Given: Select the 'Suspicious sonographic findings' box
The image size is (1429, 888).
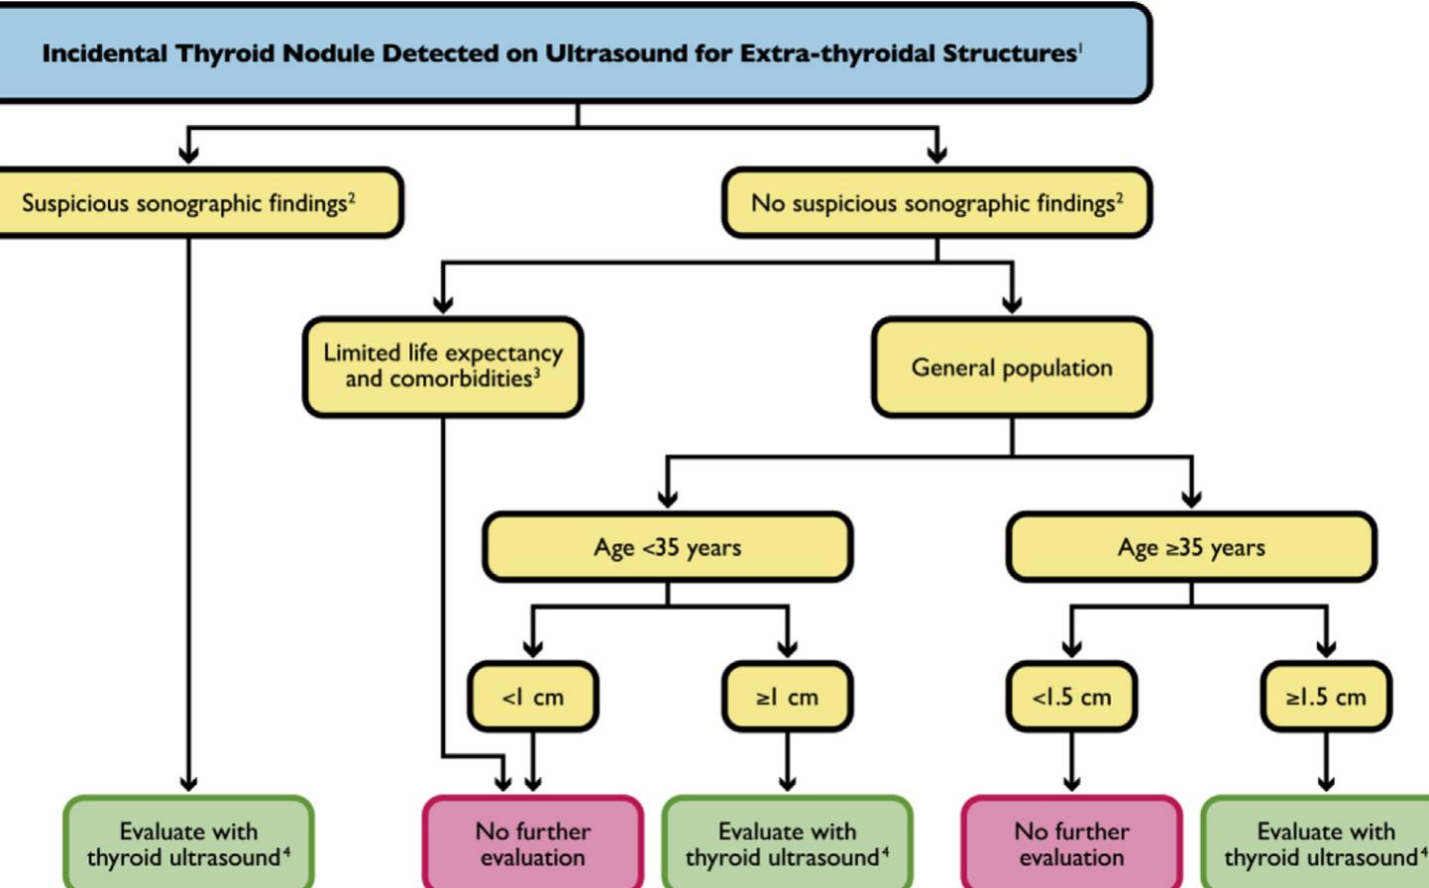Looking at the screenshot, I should click(188, 203).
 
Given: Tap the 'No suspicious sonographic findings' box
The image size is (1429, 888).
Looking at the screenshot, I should click(936, 203).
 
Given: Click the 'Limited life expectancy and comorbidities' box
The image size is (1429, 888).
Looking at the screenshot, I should click(442, 367).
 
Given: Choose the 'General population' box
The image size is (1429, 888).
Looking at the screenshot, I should click(1011, 368).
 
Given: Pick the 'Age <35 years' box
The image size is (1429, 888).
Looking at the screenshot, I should click(667, 547).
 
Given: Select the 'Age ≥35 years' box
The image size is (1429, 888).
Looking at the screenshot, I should click(1190, 547).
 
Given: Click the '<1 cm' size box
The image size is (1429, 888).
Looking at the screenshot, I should click(533, 697).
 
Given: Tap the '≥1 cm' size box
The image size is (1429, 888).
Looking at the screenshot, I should click(787, 697).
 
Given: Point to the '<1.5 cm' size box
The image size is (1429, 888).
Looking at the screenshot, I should click(1071, 697).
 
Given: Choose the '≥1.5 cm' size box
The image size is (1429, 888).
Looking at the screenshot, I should click(1326, 697).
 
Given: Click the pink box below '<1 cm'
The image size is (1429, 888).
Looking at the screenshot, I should click(533, 843).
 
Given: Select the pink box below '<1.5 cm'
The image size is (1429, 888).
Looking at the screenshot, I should click(1071, 843).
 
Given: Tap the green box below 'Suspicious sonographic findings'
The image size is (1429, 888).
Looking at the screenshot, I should click(188, 843).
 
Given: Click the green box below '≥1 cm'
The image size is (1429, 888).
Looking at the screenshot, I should click(787, 843).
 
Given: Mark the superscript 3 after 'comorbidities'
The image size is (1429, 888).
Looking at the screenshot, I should click(537, 374).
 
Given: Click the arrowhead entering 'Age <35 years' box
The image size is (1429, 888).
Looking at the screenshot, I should click(668, 499).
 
